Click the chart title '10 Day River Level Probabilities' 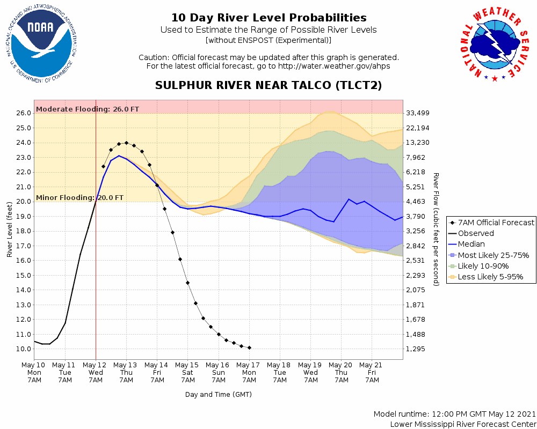[268, 18]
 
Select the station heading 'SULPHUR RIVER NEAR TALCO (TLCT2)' [268, 85]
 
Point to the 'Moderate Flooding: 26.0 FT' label [88, 109]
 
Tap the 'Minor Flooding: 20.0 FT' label [80, 197]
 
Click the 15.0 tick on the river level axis [23, 276]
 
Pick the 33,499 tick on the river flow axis [419, 113]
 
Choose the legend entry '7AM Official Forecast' [492, 223]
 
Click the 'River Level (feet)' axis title [10, 230]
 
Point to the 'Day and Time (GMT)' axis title [219, 395]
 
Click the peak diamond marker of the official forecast [127, 143]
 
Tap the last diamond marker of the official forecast [249, 347]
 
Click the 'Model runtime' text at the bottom [455, 415]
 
